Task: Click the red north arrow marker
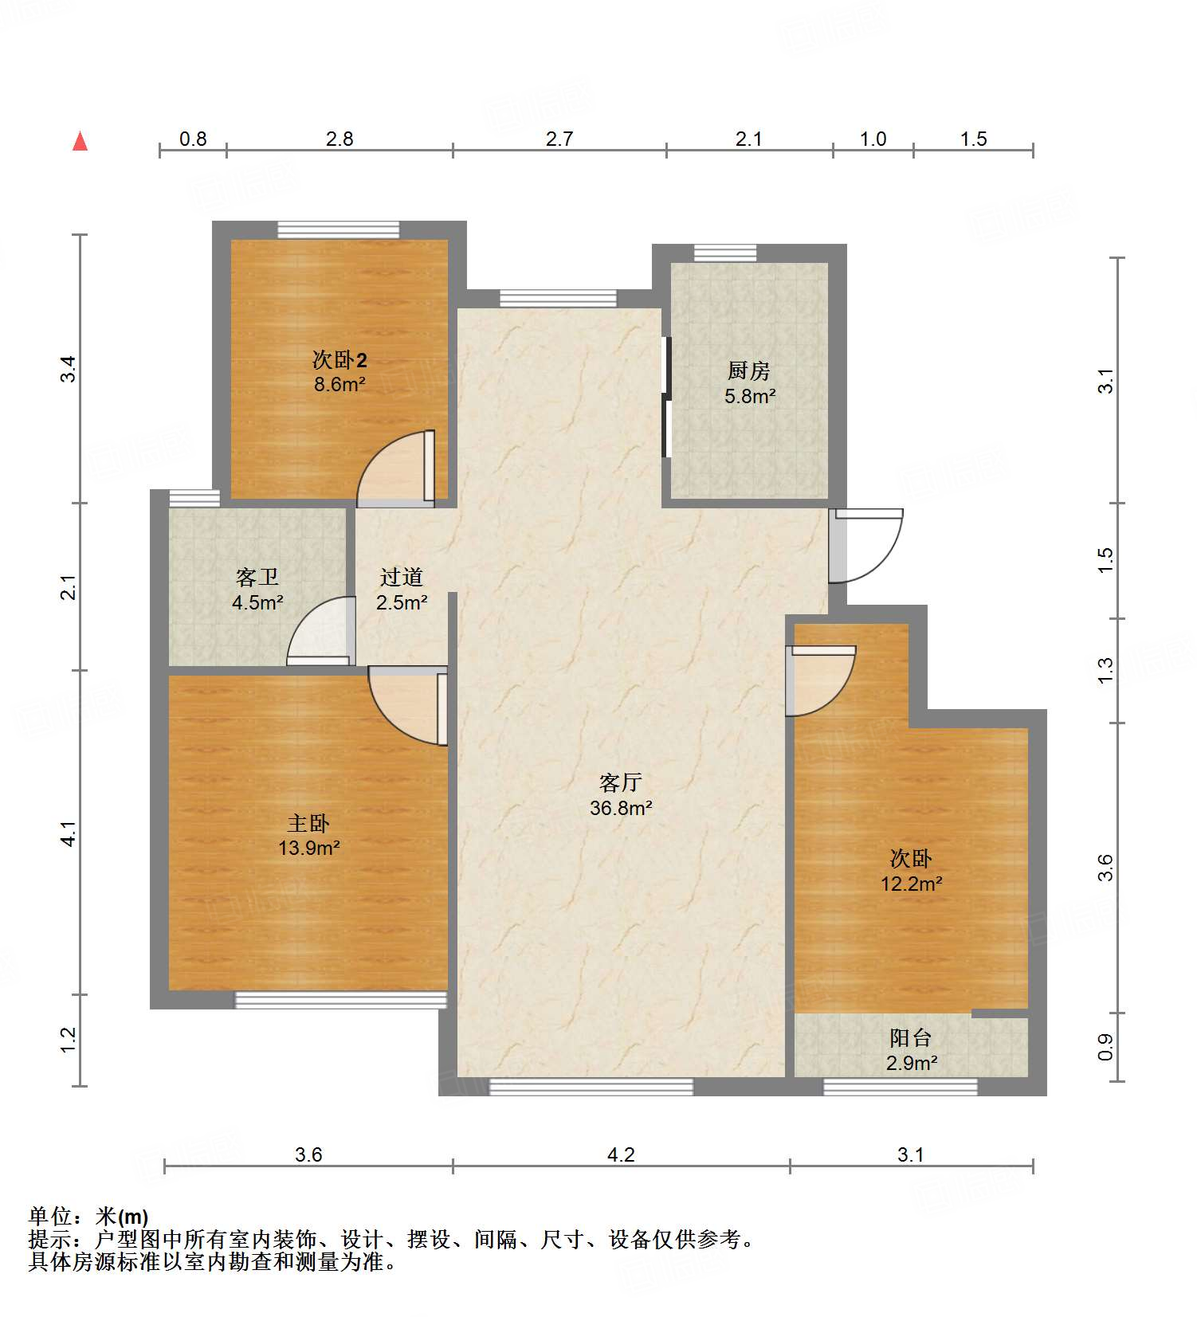[x=80, y=141]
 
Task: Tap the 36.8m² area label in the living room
[x=621, y=808]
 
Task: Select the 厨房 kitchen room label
[x=748, y=370]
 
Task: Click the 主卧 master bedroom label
[x=308, y=823]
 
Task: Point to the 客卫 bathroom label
[x=257, y=577]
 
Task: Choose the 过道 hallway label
[x=401, y=577]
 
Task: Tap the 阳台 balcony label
[x=910, y=1037]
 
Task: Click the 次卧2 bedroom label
[x=339, y=359]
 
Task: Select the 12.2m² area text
[x=911, y=884]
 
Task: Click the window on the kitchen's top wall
[x=724, y=253]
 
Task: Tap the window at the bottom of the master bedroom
[x=340, y=1000]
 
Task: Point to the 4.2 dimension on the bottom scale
[x=621, y=1154]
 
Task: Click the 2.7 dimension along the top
[x=559, y=139]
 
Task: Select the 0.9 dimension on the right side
[x=1105, y=1047]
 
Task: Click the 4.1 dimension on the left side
[x=69, y=833]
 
